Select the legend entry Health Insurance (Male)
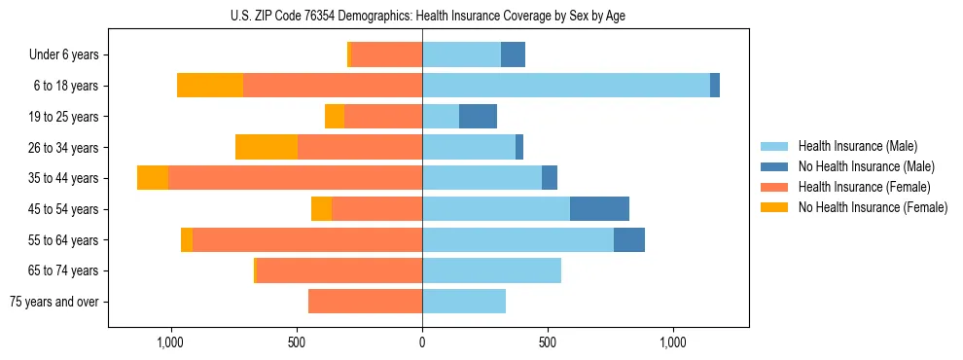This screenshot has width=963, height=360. (856, 146)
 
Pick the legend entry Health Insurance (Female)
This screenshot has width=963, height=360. (863, 187)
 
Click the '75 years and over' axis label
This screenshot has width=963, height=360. (54, 302)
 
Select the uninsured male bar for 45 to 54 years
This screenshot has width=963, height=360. (599, 209)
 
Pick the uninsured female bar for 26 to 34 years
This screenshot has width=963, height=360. (267, 147)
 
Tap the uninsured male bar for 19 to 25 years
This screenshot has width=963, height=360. (478, 117)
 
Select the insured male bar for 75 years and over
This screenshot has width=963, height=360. (464, 302)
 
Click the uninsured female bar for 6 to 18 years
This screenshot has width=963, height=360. (210, 86)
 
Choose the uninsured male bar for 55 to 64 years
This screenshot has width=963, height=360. (629, 240)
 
